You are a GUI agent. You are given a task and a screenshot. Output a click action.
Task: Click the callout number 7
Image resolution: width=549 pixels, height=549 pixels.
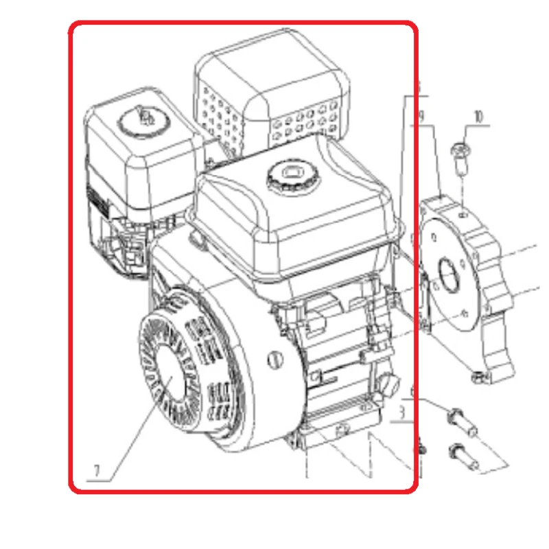click(x=97, y=471)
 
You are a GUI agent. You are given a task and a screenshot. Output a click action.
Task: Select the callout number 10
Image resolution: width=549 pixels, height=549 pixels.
click(x=478, y=116)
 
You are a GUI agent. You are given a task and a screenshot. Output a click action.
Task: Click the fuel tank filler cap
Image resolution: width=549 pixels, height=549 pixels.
click(x=288, y=174)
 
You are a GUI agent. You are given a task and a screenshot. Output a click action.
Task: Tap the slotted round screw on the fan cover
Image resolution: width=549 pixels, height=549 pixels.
click(x=274, y=358)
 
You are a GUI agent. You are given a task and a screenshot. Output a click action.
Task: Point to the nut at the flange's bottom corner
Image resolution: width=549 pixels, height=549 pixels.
click(x=476, y=375)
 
